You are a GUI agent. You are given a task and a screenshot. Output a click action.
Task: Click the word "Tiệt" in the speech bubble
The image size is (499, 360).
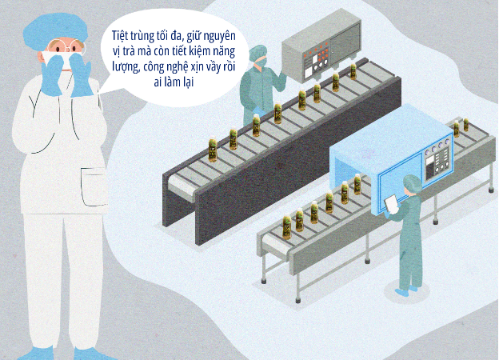point(120,35)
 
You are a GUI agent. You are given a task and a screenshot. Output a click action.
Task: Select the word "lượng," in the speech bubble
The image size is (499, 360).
point(126,67)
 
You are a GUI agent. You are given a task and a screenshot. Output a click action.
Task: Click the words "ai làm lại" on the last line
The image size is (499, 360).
point(174,82)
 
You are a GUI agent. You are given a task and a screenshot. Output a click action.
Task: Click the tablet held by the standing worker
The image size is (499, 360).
point(391,204)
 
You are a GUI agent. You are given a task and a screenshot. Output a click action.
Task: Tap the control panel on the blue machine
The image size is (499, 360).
point(437,159)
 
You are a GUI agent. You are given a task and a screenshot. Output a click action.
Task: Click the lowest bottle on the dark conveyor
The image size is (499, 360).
point(213,149)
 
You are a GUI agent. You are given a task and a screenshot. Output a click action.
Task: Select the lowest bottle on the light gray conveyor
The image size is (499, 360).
point(287,227)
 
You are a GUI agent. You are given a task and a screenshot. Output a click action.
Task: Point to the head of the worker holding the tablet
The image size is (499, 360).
point(412,185)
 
